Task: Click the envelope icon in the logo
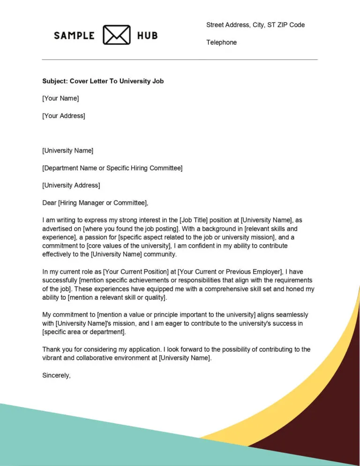click(x=116, y=35)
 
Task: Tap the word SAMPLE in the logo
click(x=74, y=36)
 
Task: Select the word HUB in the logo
click(x=147, y=36)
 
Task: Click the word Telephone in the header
click(x=221, y=43)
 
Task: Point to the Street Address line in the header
click(x=255, y=25)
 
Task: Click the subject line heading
click(x=103, y=81)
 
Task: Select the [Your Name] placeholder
click(x=60, y=98)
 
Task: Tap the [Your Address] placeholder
click(x=64, y=116)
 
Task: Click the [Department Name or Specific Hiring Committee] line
click(x=112, y=168)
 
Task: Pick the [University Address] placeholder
click(x=71, y=185)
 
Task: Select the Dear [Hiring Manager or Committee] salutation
click(x=95, y=203)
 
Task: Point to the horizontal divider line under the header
click(x=180, y=60)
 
